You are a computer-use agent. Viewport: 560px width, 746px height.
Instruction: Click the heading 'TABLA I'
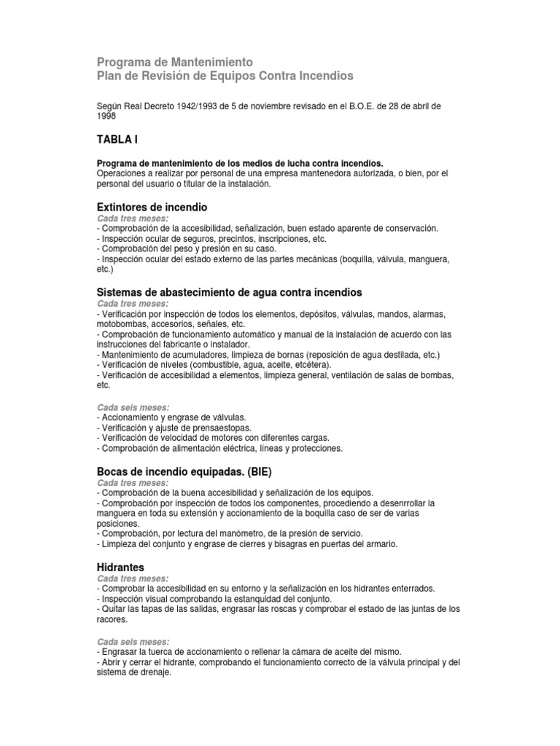[117, 139]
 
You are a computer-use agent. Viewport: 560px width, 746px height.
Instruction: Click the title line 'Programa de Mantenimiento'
[175, 62]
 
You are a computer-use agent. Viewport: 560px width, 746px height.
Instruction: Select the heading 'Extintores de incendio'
[152, 207]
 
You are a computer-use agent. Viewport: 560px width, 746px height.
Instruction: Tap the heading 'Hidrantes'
[120, 567]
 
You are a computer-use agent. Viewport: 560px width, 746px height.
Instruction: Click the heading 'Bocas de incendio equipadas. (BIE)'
[184, 471]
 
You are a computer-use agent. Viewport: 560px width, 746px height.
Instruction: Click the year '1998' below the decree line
[106, 116]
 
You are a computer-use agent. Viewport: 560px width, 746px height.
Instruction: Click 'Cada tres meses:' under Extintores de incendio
[133, 218]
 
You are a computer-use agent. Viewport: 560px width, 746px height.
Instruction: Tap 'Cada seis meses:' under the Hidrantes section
[133, 641]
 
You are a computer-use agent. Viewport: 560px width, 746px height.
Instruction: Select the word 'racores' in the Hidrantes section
[112, 619]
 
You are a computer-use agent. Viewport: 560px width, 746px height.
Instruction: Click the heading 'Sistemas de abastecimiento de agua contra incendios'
[229, 292]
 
